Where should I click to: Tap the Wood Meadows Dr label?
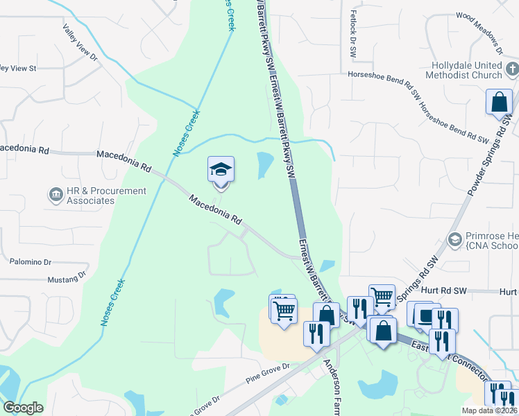pos(479,33)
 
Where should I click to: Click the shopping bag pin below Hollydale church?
pos(499,103)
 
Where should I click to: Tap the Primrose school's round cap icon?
pos(455,239)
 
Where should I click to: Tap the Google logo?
pos(23,408)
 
